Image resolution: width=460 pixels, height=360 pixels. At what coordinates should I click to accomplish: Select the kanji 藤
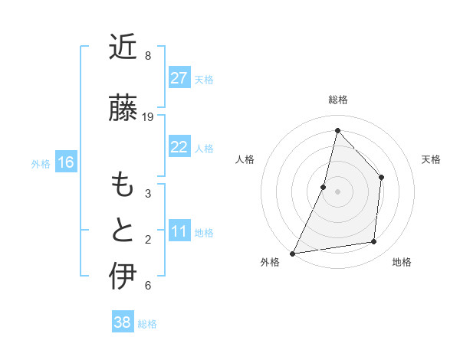pos(123,109)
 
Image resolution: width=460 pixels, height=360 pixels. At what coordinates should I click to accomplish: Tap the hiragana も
pos(123,186)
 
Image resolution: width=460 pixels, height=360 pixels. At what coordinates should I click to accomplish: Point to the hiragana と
pos(123,231)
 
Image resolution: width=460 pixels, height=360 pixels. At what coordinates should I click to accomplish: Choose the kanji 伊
pos(123,277)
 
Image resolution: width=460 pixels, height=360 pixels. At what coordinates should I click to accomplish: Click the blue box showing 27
pos(179,78)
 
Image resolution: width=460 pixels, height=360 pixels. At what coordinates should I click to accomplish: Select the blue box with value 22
pos(179,147)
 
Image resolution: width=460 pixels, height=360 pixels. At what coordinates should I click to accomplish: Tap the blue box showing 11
pos(179,231)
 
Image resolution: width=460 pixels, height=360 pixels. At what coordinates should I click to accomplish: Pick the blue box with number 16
pos(65,162)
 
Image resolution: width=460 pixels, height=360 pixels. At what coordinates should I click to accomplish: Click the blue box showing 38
pos(122,322)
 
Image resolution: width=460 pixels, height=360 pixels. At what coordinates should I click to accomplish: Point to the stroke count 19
pos(148,117)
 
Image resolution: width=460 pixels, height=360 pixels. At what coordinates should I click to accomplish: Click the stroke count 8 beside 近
pos(147,56)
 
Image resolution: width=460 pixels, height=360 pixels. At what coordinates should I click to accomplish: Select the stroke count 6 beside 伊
pos(147,286)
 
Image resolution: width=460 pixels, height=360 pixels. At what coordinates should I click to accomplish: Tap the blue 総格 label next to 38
pos(148,324)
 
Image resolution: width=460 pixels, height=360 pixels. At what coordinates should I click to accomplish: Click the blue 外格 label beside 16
pos(41,163)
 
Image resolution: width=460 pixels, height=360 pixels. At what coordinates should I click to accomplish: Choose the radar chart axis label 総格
pos(337,100)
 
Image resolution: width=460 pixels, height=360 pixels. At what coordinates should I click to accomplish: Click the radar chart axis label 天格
pos(432,159)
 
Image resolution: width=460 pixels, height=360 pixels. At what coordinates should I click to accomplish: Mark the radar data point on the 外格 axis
pos(293,253)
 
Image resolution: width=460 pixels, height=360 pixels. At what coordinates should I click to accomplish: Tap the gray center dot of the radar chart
pos(337,191)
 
